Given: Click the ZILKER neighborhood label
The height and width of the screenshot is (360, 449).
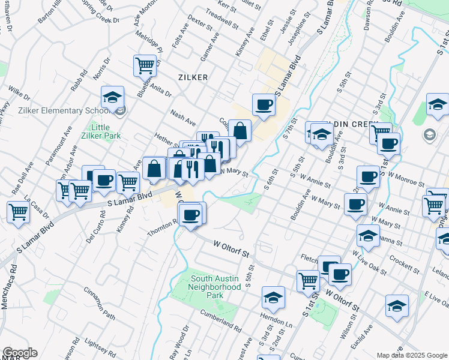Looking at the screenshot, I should (x=193, y=77).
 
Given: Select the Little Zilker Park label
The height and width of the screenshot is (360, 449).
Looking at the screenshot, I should (x=100, y=131).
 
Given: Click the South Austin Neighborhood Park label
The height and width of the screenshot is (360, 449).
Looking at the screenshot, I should (x=215, y=283).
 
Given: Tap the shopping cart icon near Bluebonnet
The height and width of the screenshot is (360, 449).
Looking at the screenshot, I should (x=145, y=66).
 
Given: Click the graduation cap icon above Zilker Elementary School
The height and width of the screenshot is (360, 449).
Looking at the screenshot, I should (x=112, y=99).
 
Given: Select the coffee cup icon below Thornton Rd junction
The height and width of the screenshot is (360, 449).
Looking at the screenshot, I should (x=191, y=215).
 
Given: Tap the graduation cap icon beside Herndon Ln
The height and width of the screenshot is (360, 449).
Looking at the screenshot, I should (x=273, y=298).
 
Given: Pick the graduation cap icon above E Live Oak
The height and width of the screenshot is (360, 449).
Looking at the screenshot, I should (x=397, y=306).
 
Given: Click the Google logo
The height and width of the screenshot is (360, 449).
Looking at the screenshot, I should (x=19, y=353).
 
